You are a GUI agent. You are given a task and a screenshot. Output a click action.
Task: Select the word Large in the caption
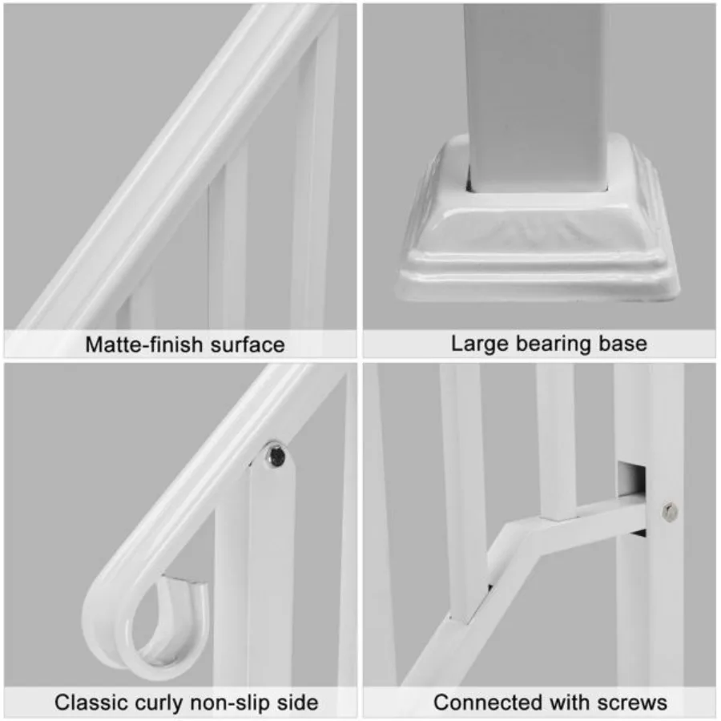click(x=477, y=344)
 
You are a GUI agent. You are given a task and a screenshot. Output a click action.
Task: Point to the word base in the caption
click(x=621, y=344)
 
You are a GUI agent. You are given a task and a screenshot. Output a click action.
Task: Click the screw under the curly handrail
click(x=275, y=456)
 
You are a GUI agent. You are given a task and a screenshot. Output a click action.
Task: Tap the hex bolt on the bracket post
click(x=670, y=510)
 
